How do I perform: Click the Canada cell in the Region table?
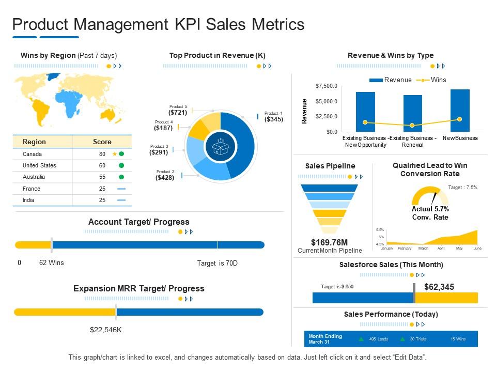click(32, 154)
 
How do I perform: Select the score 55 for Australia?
click(102, 177)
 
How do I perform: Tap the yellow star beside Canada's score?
click(114, 154)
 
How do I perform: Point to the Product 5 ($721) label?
click(178, 110)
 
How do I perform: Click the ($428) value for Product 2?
click(165, 177)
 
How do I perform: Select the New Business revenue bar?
click(460, 110)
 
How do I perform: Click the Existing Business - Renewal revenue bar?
click(412, 113)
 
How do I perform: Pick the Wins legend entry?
click(438, 80)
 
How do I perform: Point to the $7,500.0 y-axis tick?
click(326, 86)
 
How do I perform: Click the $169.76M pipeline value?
click(329, 242)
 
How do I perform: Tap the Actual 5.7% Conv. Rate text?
click(430, 213)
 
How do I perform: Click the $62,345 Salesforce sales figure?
click(439, 287)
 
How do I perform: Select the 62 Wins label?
click(52, 262)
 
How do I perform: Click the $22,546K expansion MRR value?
click(105, 330)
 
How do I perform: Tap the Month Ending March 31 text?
click(325, 339)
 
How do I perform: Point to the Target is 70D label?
click(217, 263)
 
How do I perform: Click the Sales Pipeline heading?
click(330, 166)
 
